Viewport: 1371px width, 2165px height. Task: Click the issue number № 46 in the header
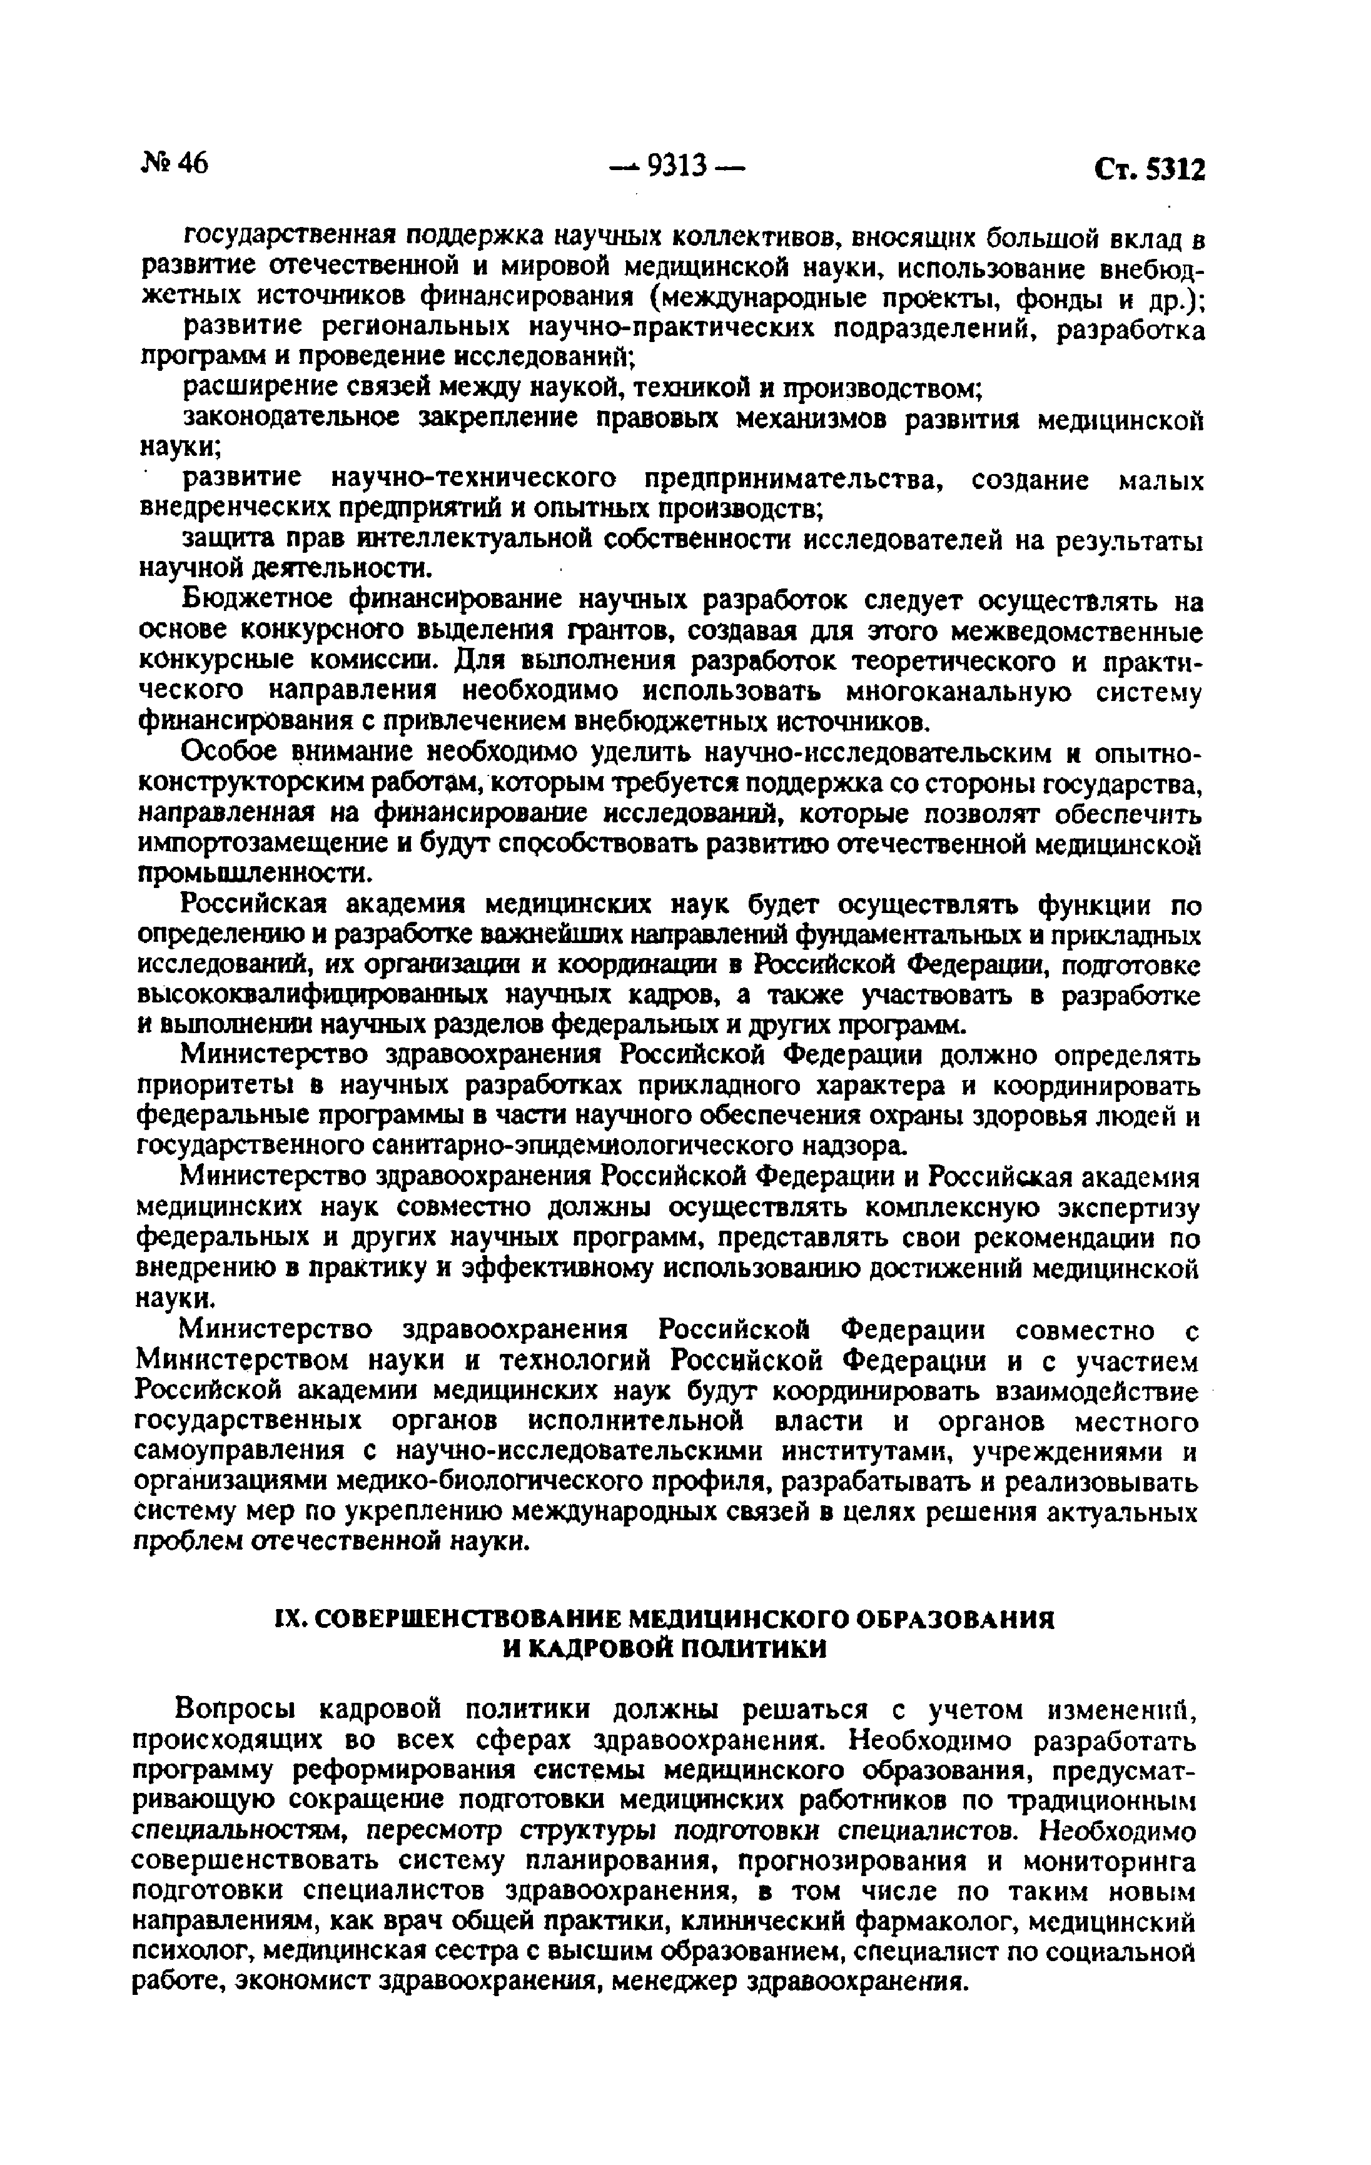click(175, 164)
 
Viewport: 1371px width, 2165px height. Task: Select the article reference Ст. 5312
click(1148, 170)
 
